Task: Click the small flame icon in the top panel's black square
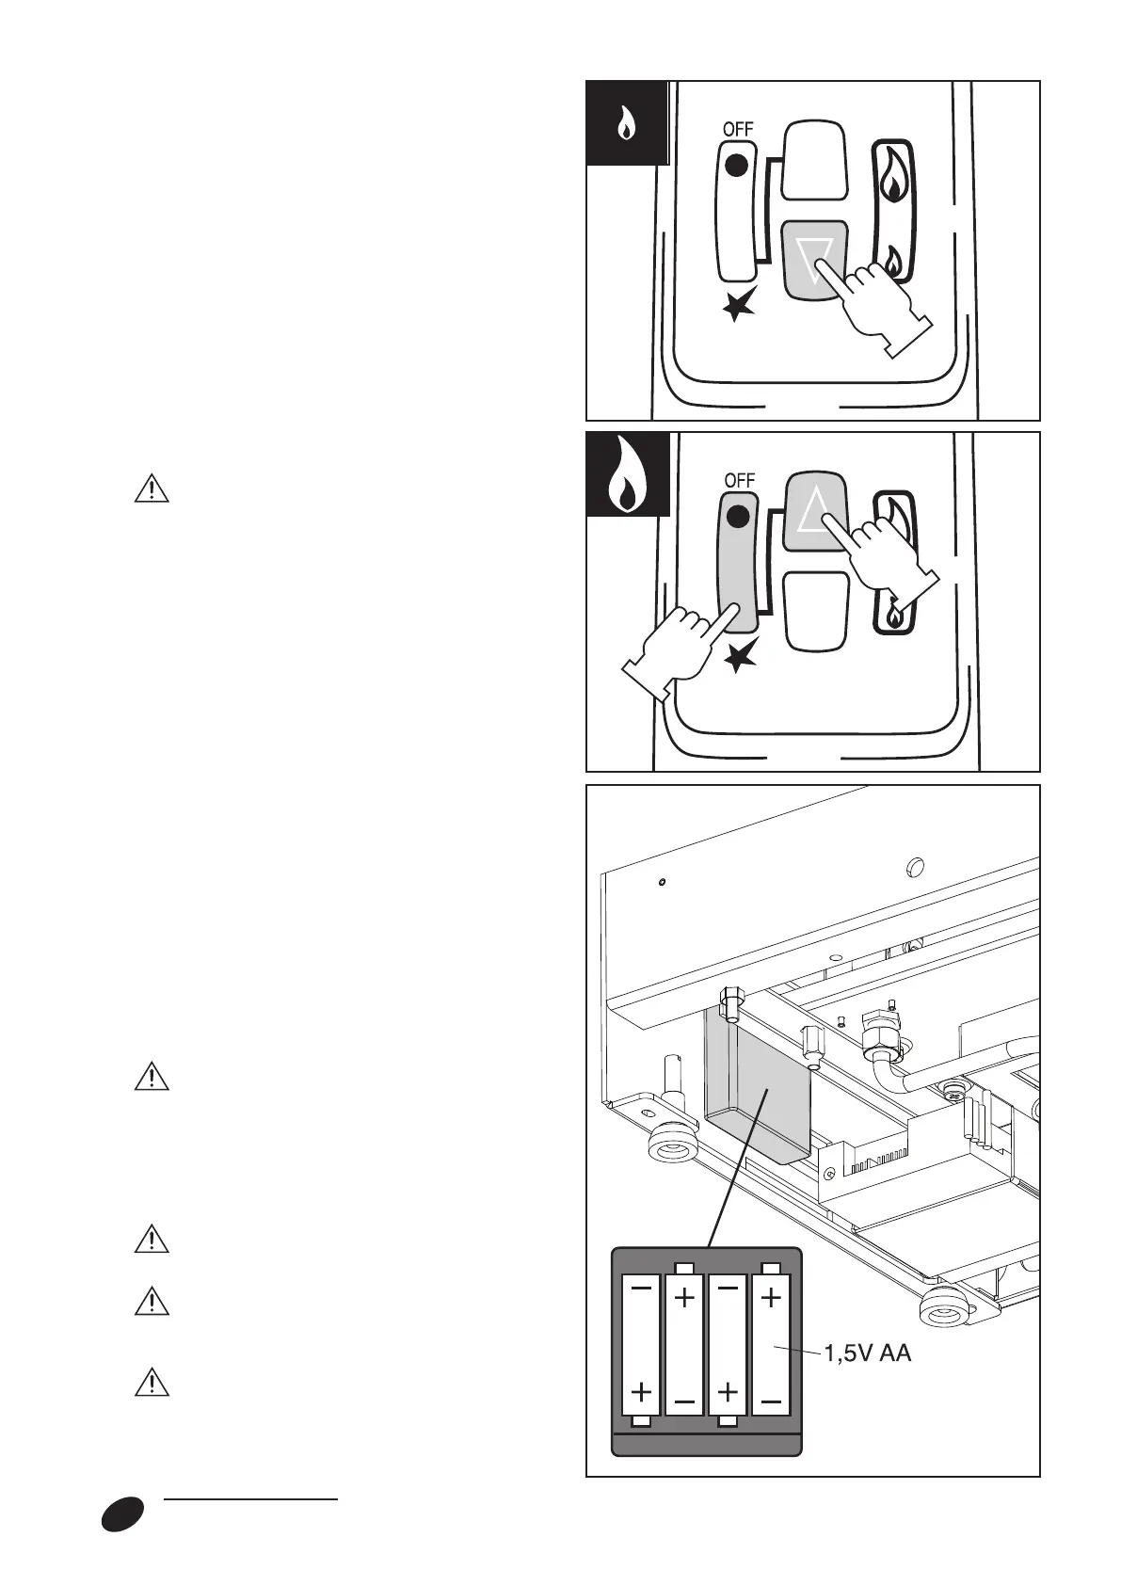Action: [626, 124]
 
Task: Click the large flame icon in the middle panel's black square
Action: [625, 476]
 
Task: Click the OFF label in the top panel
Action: [738, 129]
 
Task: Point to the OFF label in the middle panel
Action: [740, 480]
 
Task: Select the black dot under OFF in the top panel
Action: [738, 166]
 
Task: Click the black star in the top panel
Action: [740, 305]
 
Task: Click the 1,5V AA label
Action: [868, 1354]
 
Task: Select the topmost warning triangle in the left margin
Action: [151, 490]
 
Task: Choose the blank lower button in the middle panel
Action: [816, 611]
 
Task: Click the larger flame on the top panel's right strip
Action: [893, 175]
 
